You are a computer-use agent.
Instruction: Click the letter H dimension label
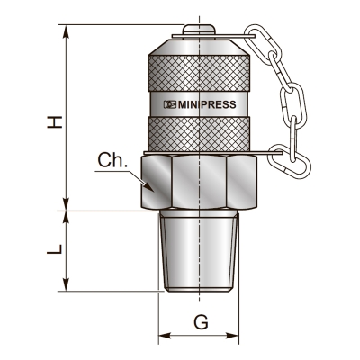pyautogui.click(x=55, y=116)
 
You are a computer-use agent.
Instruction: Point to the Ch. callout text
pyautogui.click(x=112, y=162)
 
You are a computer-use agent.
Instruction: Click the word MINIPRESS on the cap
pyautogui.click(x=207, y=104)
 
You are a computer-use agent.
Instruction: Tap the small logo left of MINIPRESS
pyautogui.click(x=168, y=104)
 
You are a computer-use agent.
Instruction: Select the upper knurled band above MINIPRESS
pyautogui.click(x=199, y=71)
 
